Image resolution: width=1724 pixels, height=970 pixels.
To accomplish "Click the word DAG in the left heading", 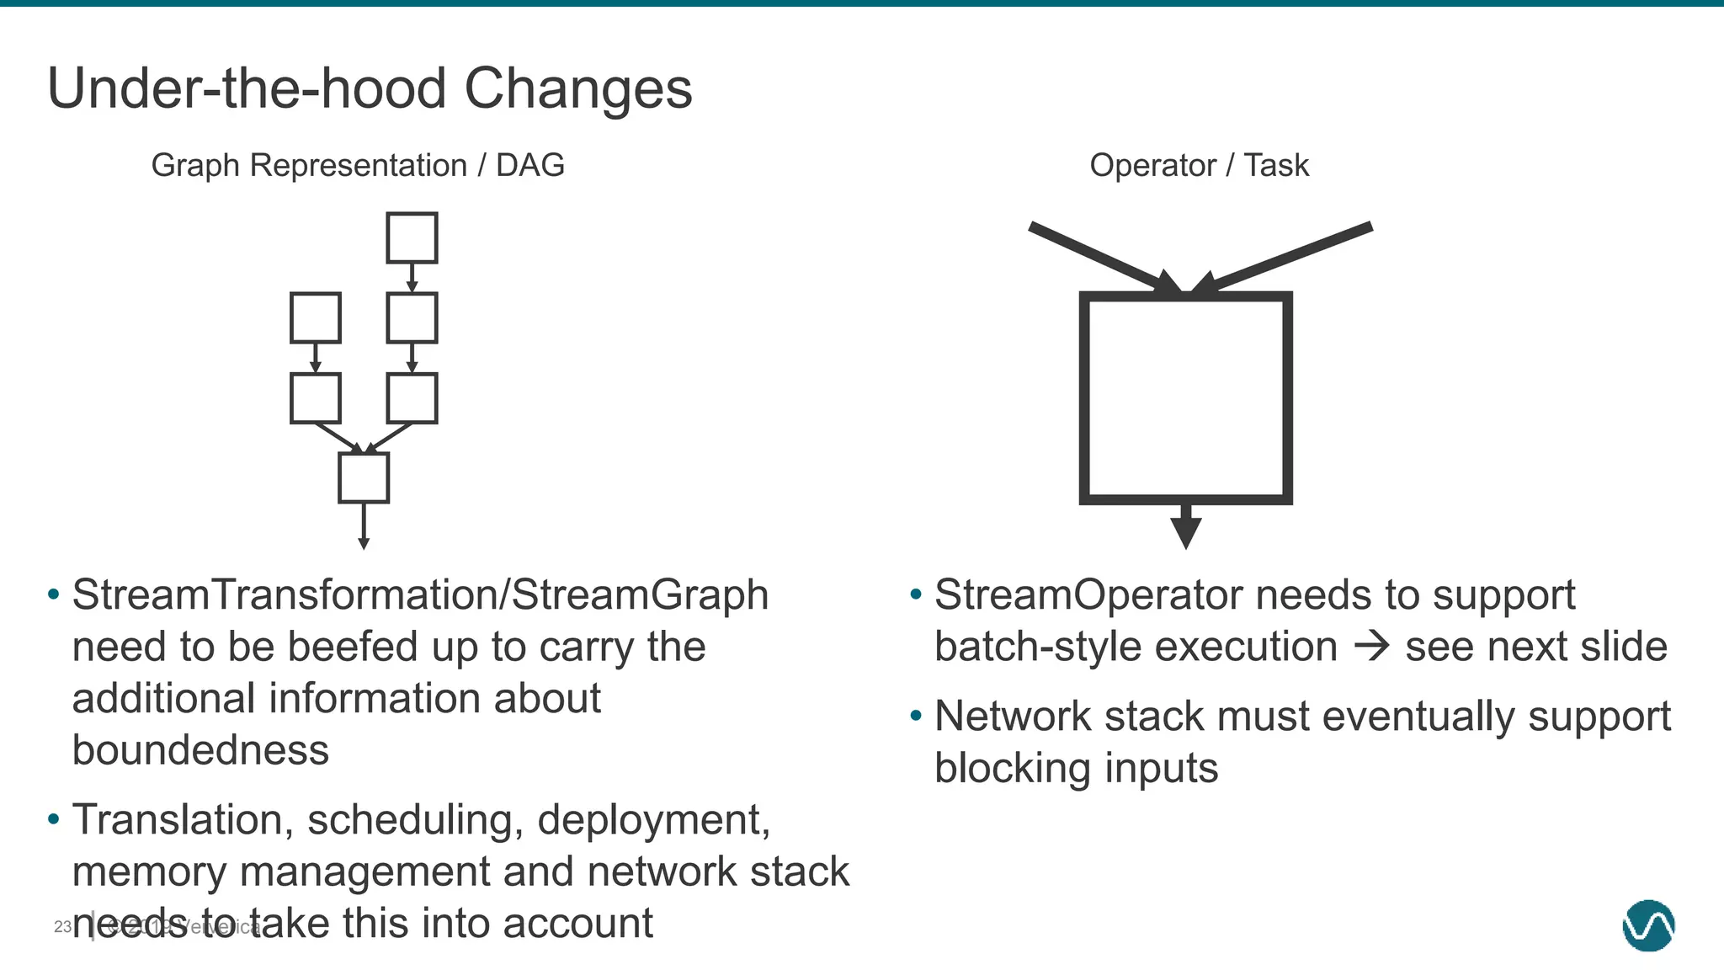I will click(x=529, y=165).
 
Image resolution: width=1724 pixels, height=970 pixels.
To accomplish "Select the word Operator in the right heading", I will click(x=1152, y=165).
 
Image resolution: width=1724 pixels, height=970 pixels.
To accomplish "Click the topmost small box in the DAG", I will click(x=412, y=237).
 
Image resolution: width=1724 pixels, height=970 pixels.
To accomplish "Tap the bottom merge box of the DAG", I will click(x=364, y=477).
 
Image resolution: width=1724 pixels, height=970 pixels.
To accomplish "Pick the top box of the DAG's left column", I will click(x=316, y=317).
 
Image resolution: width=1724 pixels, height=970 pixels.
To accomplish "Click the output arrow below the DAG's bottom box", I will click(x=364, y=527).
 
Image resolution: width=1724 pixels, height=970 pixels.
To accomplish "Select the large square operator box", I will click(x=1185, y=397).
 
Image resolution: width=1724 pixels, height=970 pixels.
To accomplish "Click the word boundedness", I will click(x=200, y=750).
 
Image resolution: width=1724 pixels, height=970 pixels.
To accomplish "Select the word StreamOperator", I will click(x=1088, y=595).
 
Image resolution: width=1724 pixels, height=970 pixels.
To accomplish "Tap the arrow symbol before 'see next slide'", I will click(x=1371, y=647).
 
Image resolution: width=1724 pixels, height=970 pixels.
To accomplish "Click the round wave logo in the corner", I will click(x=1648, y=925).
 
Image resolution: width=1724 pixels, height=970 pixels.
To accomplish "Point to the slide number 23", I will click(x=62, y=927).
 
